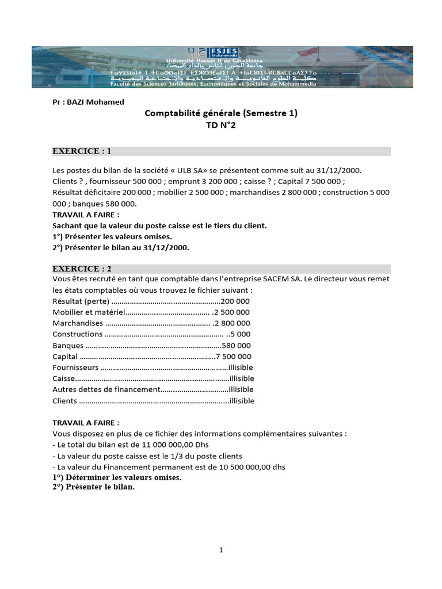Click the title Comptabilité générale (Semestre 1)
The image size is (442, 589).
pos(220,113)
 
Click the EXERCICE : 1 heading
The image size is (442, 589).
pos(82,151)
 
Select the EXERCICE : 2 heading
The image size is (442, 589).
pos(82,269)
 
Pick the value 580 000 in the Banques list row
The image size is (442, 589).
pos(236,346)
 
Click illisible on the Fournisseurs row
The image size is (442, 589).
pos(241,368)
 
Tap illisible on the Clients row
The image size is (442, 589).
pos(241,401)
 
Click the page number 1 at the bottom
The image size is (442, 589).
pos(221,550)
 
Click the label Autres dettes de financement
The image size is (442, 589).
pos(105,390)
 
